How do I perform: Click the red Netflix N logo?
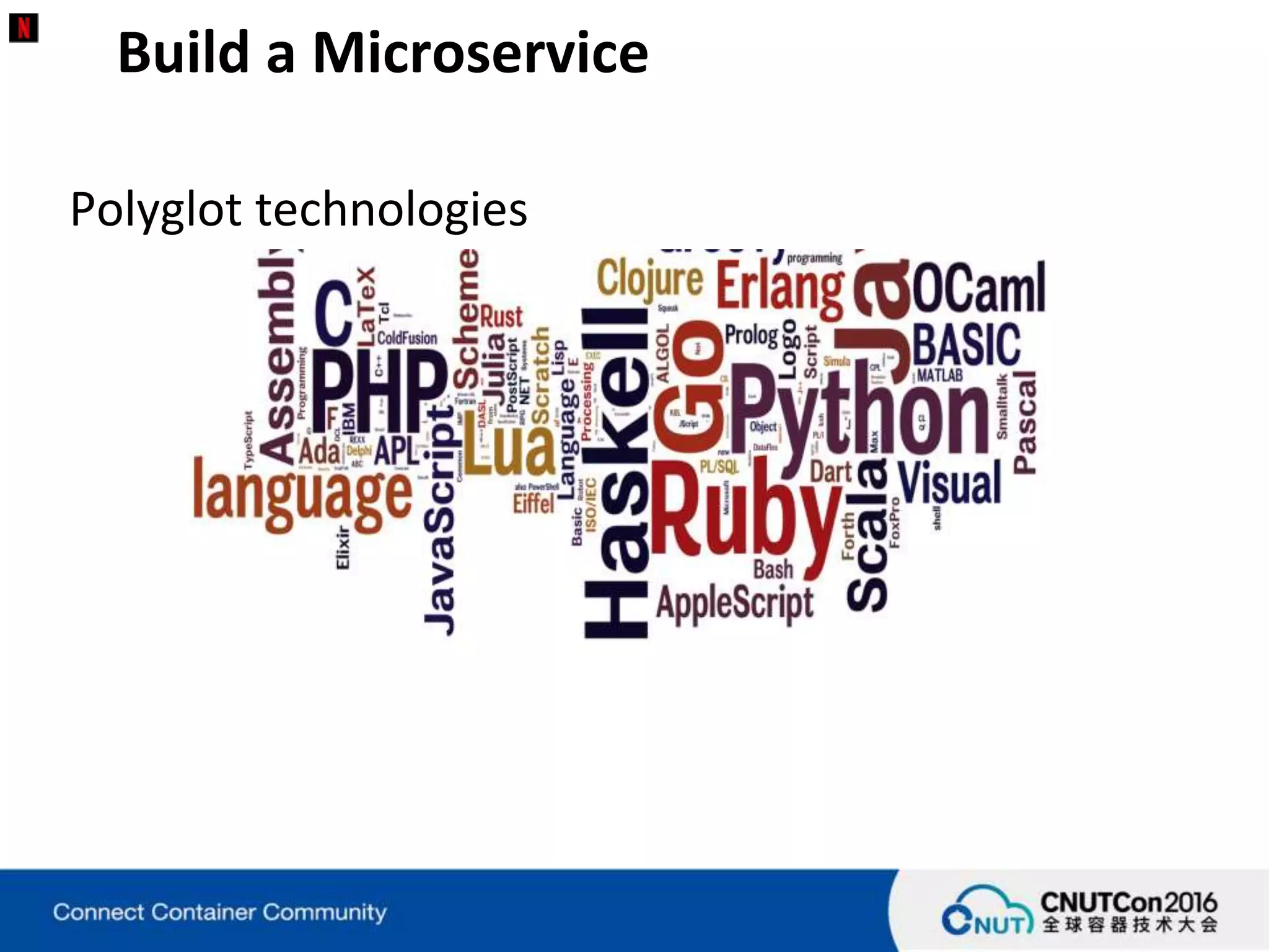click(x=24, y=28)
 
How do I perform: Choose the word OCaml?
click(x=979, y=288)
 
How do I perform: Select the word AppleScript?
click(x=734, y=602)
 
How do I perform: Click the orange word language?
click(x=302, y=496)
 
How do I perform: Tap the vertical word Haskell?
click(x=617, y=474)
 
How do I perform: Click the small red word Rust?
click(x=501, y=317)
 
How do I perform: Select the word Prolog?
click(x=751, y=335)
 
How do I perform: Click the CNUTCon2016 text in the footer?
click(x=1129, y=902)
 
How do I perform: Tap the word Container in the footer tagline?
click(x=203, y=912)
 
